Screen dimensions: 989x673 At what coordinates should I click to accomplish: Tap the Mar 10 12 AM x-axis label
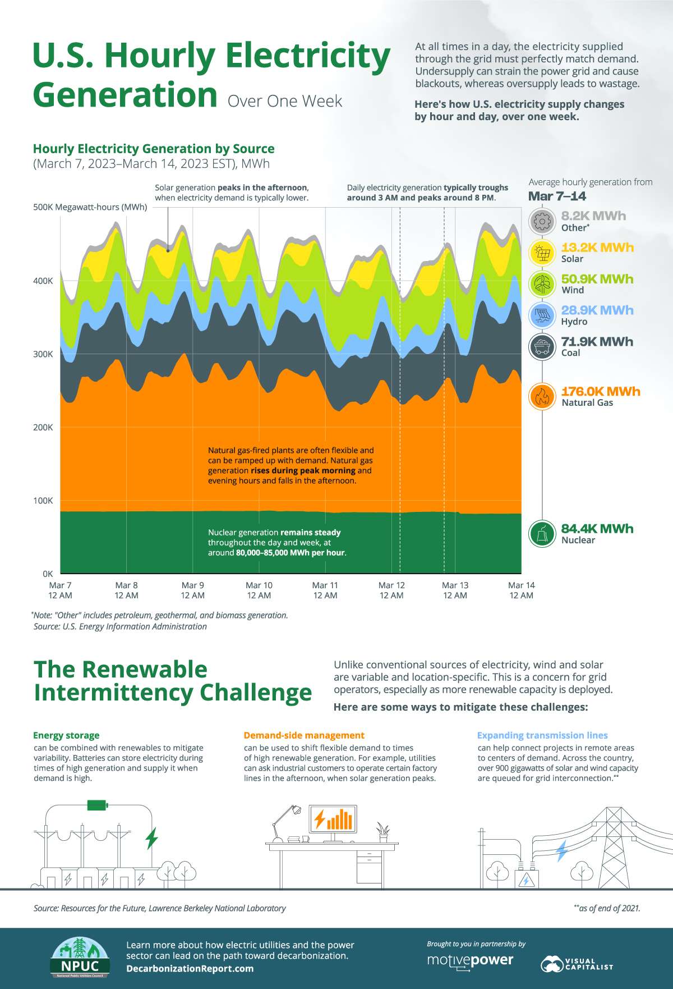coord(259,590)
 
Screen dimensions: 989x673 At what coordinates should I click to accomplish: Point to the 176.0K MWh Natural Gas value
coord(600,392)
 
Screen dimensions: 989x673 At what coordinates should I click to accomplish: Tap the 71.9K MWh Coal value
coord(597,342)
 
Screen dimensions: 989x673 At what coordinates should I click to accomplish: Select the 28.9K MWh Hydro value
coord(597,310)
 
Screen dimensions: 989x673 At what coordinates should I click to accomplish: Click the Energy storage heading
coord(66,735)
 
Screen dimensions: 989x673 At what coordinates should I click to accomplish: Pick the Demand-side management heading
coord(304,735)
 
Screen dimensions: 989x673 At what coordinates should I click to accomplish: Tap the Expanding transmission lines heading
coord(542,735)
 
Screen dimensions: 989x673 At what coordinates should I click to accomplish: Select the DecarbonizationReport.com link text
coord(190,968)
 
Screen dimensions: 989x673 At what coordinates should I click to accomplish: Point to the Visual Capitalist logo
coord(577,964)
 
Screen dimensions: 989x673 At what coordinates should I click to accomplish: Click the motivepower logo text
coord(470,960)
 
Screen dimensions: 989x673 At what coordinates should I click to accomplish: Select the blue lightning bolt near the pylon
coord(561,851)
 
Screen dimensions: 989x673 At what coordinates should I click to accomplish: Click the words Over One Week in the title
coord(285,101)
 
